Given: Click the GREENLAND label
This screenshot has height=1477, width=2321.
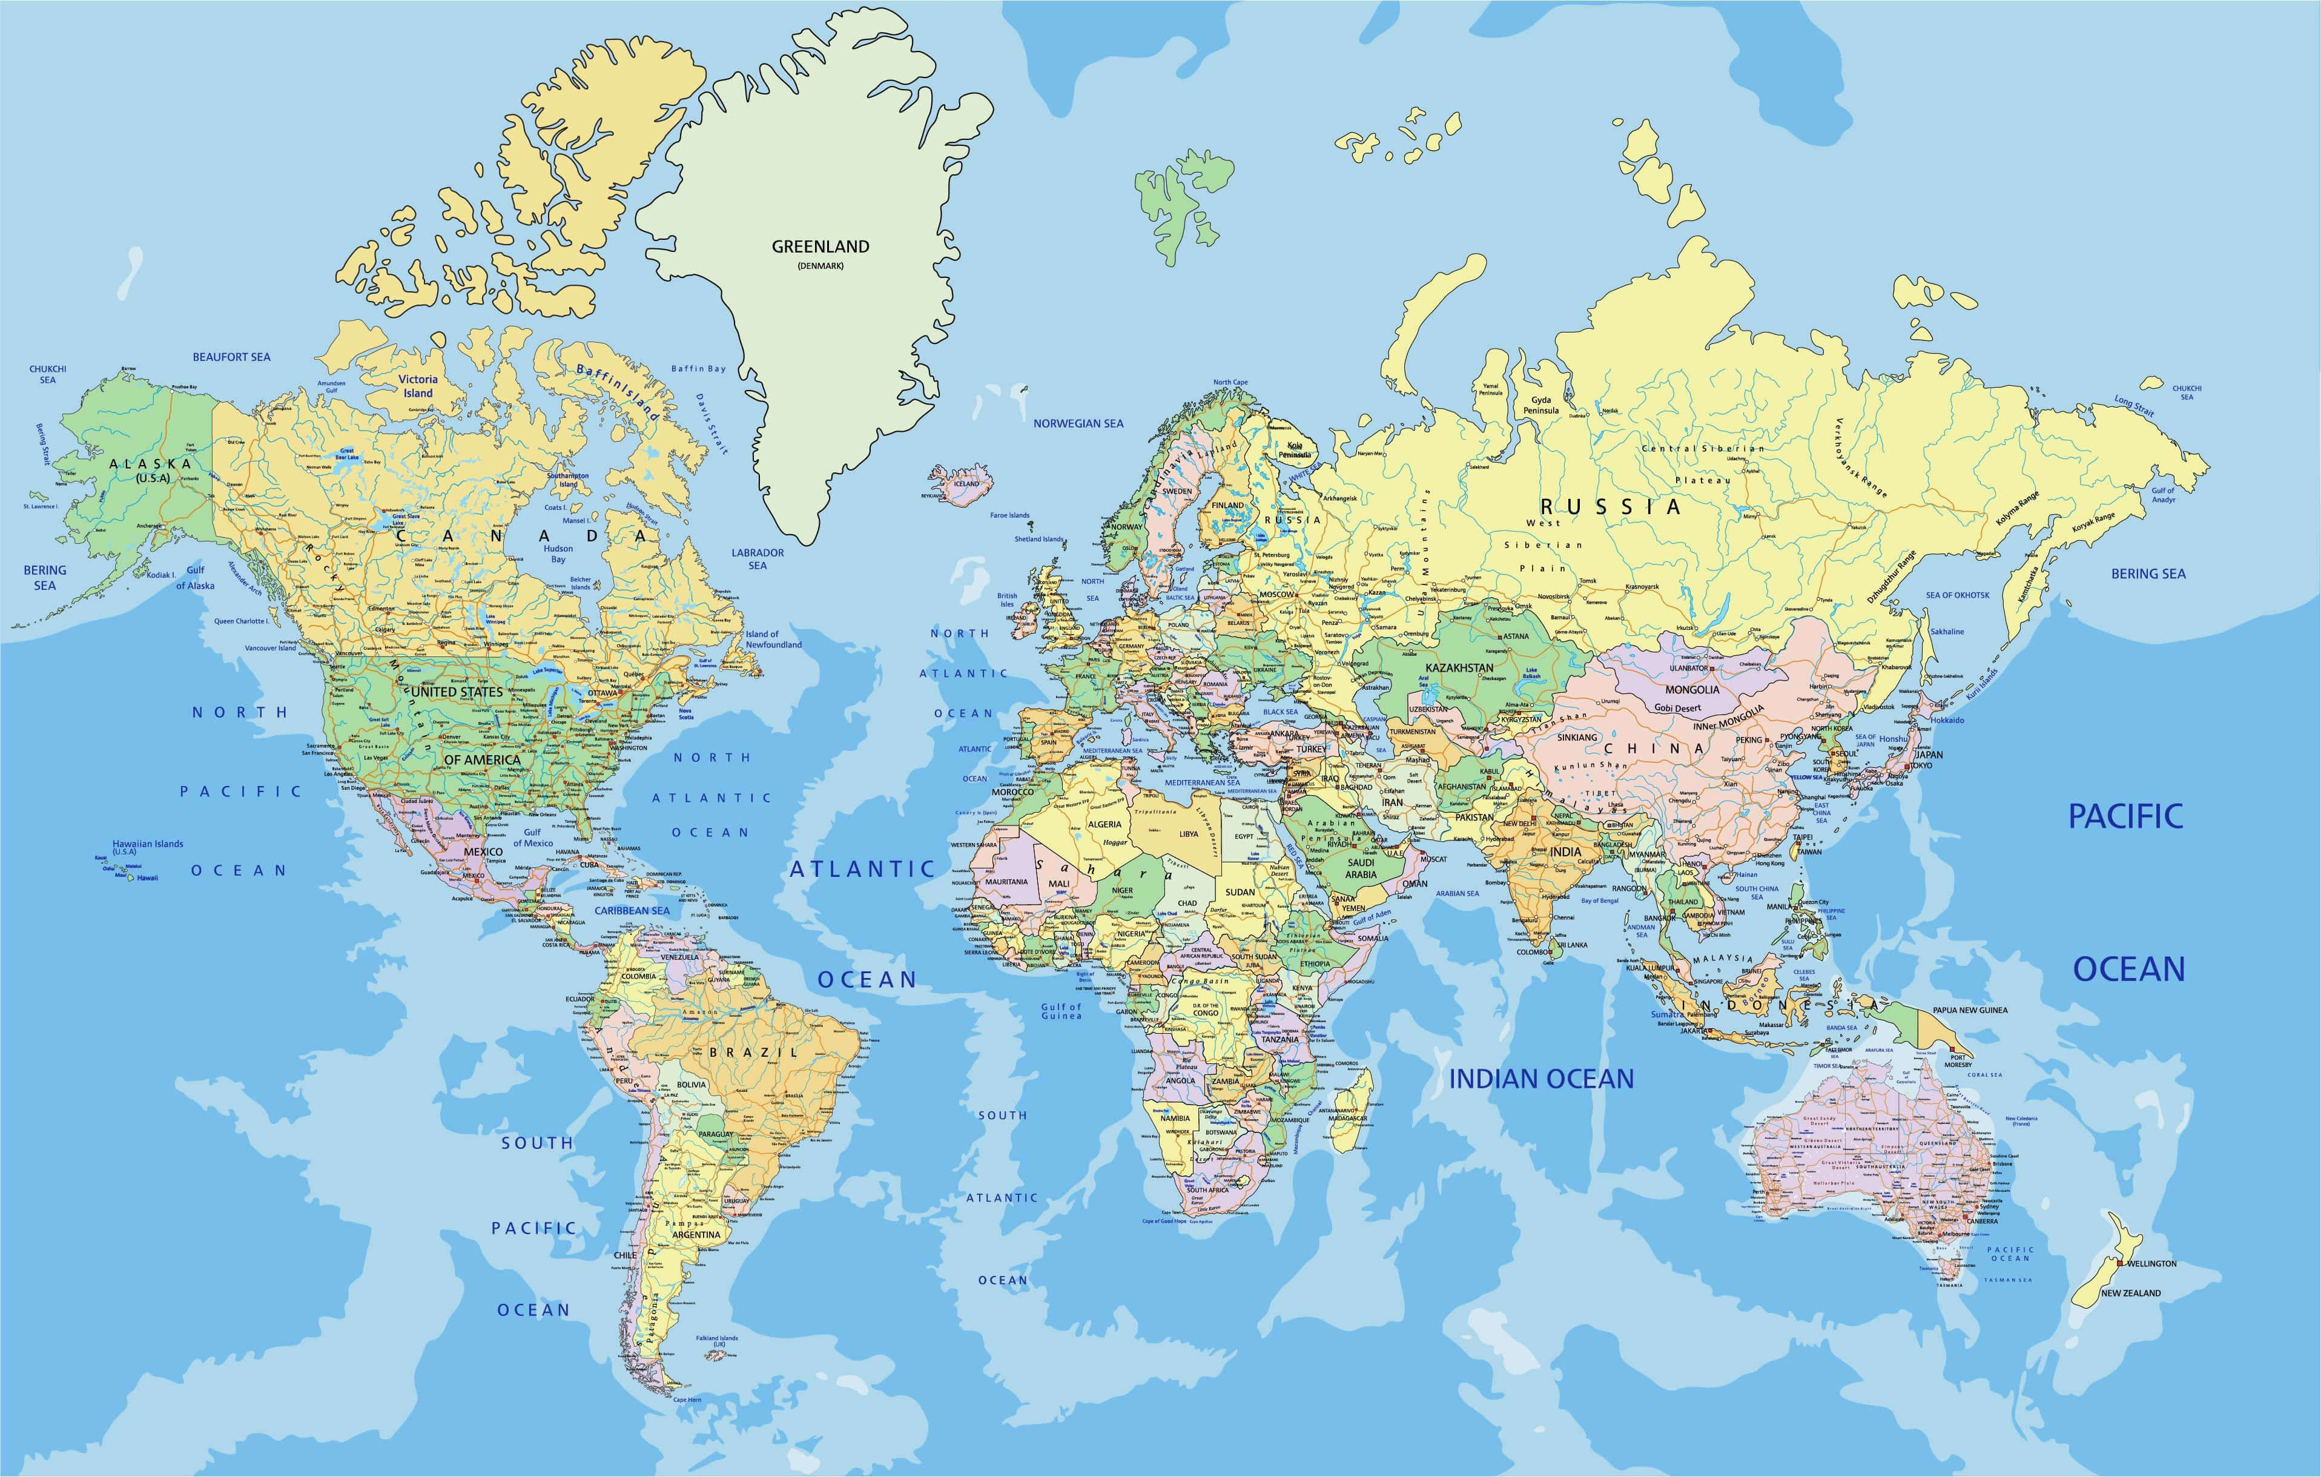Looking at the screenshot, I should pyautogui.click(x=820, y=247).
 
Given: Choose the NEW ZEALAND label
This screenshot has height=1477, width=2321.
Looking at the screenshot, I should pyautogui.click(x=2131, y=1293).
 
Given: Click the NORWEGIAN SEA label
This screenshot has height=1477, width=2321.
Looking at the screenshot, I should pyautogui.click(x=1078, y=423).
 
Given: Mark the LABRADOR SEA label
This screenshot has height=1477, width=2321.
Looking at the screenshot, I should pyautogui.click(x=758, y=559).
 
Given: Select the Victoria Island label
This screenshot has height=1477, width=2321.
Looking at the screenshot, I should pyautogui.click(x=418, y=386).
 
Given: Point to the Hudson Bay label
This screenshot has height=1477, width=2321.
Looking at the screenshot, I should pyautogui.click(x=558, y=554).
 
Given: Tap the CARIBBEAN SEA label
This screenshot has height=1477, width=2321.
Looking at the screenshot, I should pyautogui.click(x=632, y=910).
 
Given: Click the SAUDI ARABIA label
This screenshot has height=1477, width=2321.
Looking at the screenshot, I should pyautogui.click(x=1361, y=868).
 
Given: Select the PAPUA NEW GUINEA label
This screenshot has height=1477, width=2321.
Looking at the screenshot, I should pyautogui.click(x=1969, y=1010).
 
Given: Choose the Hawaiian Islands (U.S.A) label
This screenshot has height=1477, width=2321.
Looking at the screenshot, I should pyautogui.click(x=148, y=847).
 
